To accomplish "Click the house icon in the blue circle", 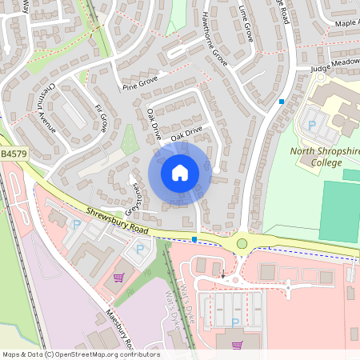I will (x=179, y=172).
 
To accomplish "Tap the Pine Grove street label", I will (x=141, y=81).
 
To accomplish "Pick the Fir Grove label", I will (x=101, y=117).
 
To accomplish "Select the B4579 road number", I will (x=14, y=152).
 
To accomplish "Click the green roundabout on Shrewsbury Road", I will (x=242, y=243).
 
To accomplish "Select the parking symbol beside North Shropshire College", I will (x=311, y=125).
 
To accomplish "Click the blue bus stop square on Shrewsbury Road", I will (x=195, y=238).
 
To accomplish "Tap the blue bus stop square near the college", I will (x=281, y=101).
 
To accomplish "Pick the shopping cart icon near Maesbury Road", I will (x=119, y=278).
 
